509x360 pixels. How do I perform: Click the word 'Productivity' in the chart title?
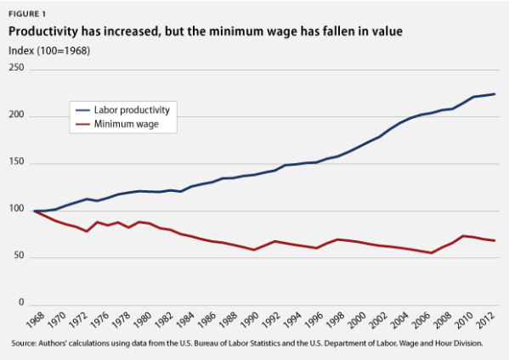click(46, 32)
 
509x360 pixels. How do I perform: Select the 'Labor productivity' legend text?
click(139, 110)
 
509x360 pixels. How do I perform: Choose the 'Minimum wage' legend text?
click(132, 124)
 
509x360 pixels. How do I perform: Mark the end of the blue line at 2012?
click(495, 94)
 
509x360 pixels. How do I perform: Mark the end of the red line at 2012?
click(495, 241)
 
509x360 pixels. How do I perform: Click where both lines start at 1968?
click(34, 211)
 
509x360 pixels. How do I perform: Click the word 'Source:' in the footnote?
click(25, 344)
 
